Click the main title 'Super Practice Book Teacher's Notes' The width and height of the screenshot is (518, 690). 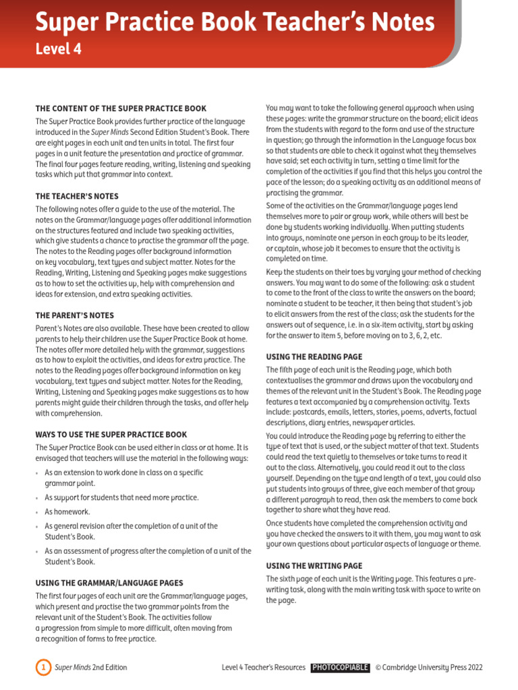coord(235,23)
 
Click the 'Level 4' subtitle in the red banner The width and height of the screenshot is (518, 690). coord(58,49)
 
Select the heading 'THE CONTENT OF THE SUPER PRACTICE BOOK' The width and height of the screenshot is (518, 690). coord(121,108)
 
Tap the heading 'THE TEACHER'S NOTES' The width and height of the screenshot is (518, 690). coord(76,196)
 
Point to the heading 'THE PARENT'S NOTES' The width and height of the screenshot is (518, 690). coord(74,315)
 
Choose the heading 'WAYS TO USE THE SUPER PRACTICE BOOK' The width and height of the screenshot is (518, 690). coord(111,435)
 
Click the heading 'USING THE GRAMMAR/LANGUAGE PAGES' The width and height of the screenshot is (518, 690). coord(109,583)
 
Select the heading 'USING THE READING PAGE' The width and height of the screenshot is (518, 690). coord(314,356)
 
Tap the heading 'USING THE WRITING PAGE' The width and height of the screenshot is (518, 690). coord(314,566)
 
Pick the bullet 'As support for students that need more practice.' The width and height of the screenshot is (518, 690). coord(121,497)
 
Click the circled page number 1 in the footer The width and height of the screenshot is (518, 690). coord(42,668)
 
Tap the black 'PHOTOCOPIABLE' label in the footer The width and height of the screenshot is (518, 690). coord(340,668)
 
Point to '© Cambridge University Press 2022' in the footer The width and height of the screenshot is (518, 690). coord(429,668)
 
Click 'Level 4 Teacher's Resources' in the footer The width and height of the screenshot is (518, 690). coord(263,668)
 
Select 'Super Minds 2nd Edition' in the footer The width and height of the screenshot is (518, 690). coord(90,668)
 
